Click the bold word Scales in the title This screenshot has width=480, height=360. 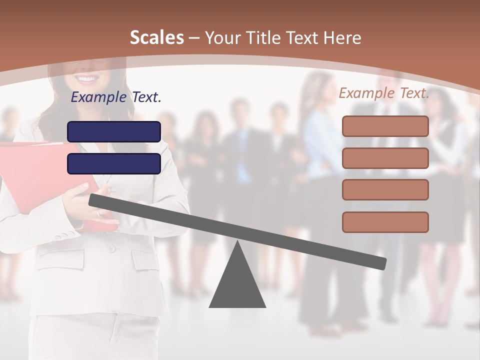(x=157, y=37)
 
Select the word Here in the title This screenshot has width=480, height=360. (x=342, y=38)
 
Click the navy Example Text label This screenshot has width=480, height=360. (x=116, y=97)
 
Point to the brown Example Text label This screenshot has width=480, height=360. (x=384, y=93)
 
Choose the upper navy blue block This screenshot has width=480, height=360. (x=114, y=132)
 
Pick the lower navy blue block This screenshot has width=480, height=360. (x=114, y=163)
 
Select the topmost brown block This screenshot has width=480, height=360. (x=385, y=126)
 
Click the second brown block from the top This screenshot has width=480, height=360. (x=385, y=158)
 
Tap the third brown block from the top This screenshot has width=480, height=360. (x=385, y=189)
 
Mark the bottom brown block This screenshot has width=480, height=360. (x=385, y=222)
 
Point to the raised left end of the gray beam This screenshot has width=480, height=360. (x=95, y=200)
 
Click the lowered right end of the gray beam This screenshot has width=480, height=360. (x=380, y=262)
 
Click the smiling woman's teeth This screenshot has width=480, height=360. (x=87, y=79)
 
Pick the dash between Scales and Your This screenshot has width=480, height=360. (x=194, y=38)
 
